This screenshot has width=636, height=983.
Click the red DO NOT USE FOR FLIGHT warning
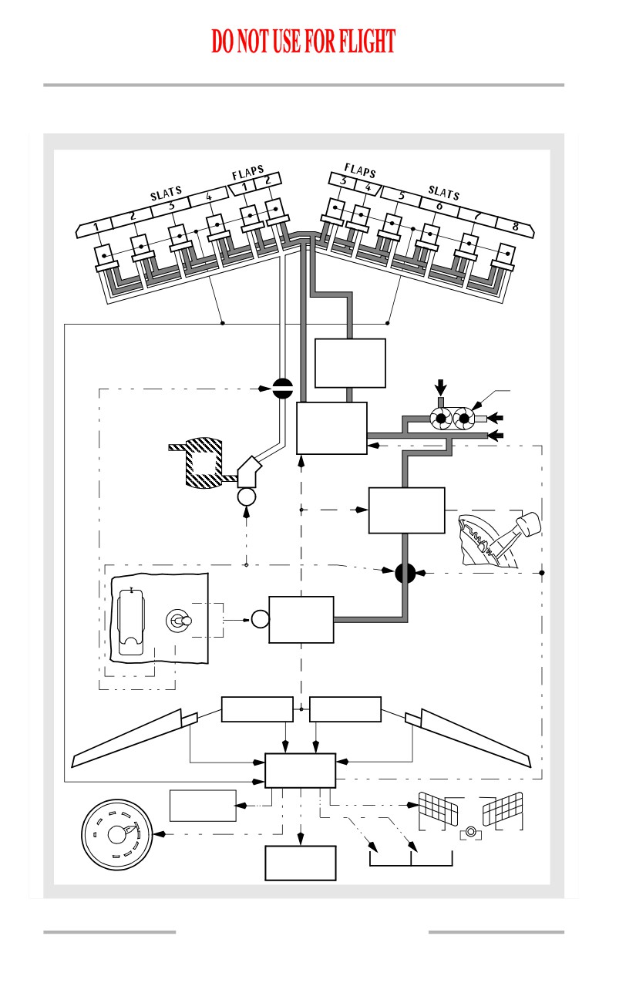tap(303, 41)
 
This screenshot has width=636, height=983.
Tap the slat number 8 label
tap(515, 227)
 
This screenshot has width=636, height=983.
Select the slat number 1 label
tap(96, 227)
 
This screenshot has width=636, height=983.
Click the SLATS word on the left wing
tap(166, 193)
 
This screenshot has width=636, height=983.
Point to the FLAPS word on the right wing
tap(360, 170)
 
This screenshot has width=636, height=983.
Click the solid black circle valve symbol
tap(405, 573)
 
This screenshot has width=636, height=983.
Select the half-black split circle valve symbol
tap(283, 388)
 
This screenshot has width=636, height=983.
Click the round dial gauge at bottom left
tap(116, 835)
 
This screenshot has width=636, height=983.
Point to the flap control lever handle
tap(529, 524)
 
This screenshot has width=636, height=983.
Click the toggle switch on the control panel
tap(179, 621)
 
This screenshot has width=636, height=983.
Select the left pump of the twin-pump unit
tap(441, 419)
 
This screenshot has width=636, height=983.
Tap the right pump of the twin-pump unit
tap(463, 419)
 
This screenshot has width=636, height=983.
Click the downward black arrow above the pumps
tap(441, 388)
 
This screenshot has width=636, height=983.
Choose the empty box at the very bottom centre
tap(300, 863)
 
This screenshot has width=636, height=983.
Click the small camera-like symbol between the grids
tap(470, 832)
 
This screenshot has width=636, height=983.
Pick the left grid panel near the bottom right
tap(438, 808)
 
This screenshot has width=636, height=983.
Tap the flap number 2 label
tap(268, 180)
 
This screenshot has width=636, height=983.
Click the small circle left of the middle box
tap(260, 620)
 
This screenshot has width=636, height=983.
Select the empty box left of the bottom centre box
tap(203, 806)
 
